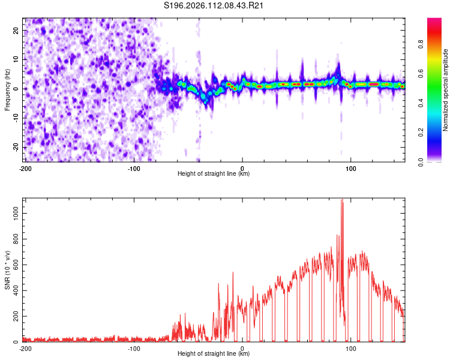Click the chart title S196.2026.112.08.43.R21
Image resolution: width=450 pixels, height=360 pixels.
point(214,6)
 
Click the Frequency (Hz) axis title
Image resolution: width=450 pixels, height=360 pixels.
point(7,90)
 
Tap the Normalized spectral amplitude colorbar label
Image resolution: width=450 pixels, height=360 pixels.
point(446,90)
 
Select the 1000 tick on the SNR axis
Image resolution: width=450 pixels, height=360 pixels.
point(13,213)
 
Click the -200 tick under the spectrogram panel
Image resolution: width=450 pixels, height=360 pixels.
point(25,168)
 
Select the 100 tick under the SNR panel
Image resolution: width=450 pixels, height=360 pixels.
point(350,348)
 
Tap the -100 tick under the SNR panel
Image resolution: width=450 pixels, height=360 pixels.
point(134,348)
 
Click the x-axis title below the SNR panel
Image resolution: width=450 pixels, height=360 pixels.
point(214,355)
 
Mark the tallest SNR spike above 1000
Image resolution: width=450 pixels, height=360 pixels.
point(342,201)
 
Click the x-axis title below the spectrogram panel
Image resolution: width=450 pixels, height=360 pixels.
point(214,174)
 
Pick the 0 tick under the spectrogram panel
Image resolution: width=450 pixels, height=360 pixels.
point(242,168)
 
